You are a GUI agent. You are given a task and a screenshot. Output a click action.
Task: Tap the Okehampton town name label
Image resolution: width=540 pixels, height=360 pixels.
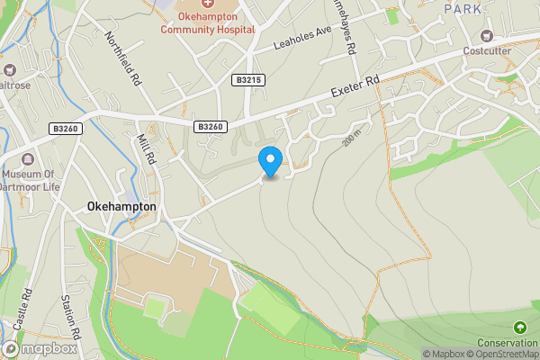121,206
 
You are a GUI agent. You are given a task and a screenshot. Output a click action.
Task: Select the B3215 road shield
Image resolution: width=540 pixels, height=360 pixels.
248,80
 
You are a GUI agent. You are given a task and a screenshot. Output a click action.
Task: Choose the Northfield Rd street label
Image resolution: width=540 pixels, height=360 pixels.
123,60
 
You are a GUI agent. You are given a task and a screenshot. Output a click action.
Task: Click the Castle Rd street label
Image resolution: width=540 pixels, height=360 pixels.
27,309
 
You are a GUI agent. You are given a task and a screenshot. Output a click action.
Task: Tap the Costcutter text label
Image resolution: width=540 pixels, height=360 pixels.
489,50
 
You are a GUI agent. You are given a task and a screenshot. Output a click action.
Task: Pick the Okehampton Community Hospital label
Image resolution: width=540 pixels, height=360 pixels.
208,22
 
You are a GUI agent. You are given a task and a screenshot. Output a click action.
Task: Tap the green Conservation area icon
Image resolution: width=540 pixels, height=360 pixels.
519,326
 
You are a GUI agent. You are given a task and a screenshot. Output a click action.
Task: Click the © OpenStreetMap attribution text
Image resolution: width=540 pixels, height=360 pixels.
500,354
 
